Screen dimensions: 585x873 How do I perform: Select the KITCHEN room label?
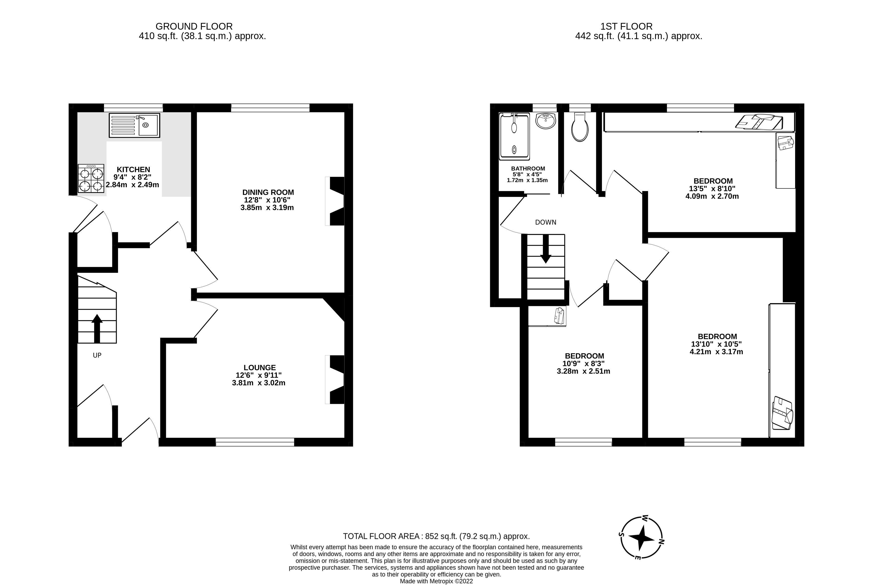[133, 169]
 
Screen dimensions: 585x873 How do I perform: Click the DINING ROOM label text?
[268, 193]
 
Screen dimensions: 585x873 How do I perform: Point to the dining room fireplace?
[336, 201]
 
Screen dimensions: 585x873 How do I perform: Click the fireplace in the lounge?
[336, 380]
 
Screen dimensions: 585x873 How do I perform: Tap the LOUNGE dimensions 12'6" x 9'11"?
[258, 375]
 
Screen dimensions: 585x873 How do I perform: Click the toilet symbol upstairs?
[580, 128]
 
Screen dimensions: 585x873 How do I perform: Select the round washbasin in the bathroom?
[546, 121]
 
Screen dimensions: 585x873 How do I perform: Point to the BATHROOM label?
[528, 169]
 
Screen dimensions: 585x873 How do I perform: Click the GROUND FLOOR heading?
[194, 26]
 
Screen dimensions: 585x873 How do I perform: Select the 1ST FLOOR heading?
[627, 26]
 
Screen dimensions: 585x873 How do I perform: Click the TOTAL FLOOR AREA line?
[436, 536]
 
